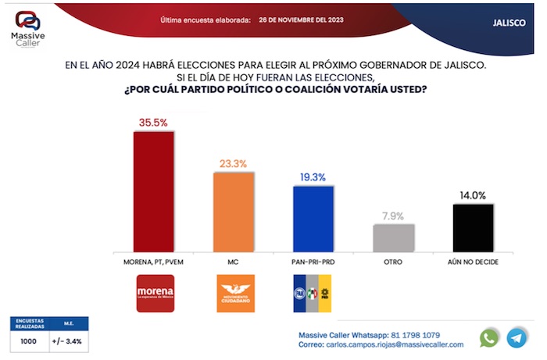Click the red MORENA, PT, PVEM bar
(x=154, y=190)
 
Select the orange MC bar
(x=234, y=210)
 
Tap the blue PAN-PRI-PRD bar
(x=313, y=217)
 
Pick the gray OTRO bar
(x=394, y=237)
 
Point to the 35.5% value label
(x=154, y=122)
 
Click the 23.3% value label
(x=234, y=163)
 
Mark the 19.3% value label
(x=313, y=177)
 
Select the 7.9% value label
(x=394, y=216)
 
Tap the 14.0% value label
(x=474, y=195)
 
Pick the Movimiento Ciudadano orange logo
(x=234, y=293)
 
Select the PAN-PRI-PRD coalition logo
(x=313, y=293)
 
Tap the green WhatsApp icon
(x=489, y=337)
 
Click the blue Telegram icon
(x=517, y=337)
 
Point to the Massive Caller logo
(x=27, y=29)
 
